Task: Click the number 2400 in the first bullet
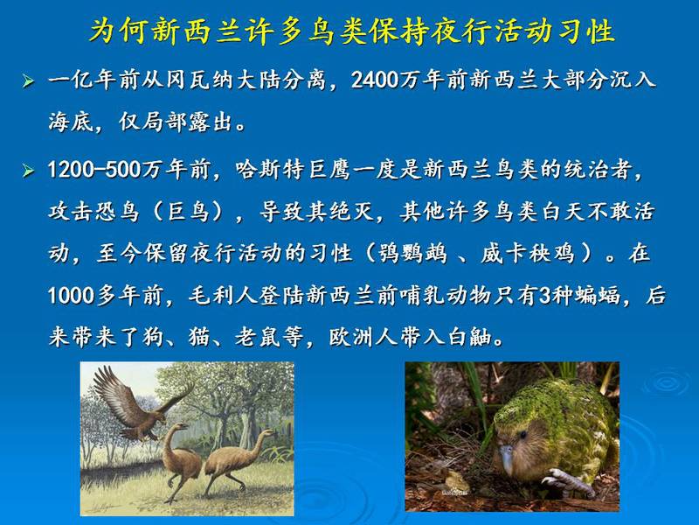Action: [x=375, y=80]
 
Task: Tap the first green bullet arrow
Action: [x=28, y=81]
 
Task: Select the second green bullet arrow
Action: [x=28, y=170]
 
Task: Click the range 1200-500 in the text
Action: [x=94, y=170]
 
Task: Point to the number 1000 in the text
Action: [x=71, y=296]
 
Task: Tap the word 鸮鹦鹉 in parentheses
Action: [x=412, y=254]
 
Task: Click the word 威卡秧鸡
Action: [x=528, y=254]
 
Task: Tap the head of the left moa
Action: [x=181, y=427]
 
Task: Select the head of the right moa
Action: [x=266, y=432]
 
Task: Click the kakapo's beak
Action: [x=507, y=458]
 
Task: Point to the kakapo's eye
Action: [x=522, y=434]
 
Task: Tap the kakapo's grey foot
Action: [x=566, y=482]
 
